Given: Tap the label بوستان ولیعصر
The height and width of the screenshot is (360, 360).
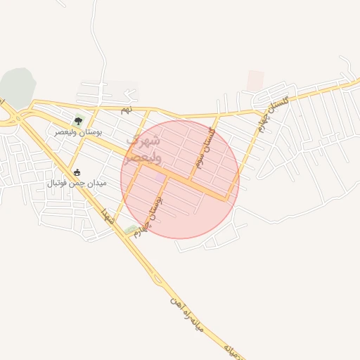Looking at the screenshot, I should [x=78, y=131].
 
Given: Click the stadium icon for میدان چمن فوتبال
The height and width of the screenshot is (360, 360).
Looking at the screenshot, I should [x=77, y=172].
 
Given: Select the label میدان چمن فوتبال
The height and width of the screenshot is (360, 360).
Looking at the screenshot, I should [x=77, y=183].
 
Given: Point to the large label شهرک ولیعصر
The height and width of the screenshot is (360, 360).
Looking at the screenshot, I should [x=143, y=149].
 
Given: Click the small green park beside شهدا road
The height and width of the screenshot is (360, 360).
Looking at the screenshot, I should [x=130, y=229].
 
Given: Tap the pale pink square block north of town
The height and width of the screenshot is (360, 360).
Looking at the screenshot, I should [x=255, y=80].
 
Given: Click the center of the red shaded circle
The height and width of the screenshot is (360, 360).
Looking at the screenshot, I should [x=180, y=179].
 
